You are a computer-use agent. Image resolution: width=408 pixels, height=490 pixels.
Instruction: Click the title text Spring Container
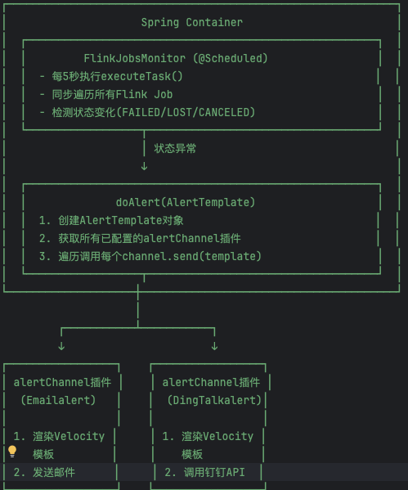(x=192, y=23)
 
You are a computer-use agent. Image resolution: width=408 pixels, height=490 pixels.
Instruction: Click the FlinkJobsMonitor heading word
(x=135, y=58)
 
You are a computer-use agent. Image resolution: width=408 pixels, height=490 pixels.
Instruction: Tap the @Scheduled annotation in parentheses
(x=231, y=58)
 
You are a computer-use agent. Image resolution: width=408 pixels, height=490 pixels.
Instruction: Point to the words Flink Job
(x=145, y=94)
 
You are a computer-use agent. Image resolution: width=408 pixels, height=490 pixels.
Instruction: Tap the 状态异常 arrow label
(x=175, y=148)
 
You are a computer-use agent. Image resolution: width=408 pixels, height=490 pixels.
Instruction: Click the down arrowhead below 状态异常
(x=144, y=166)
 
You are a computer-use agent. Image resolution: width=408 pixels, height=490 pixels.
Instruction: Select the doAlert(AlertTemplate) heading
(x=186, y=203)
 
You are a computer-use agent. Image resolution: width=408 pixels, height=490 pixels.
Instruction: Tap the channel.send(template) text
(x=191, y=257)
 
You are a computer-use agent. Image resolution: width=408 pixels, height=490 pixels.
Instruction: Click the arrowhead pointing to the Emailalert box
(x=61, y=346)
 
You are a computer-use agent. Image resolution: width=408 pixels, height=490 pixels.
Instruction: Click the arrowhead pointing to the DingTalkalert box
(x=214, y=346)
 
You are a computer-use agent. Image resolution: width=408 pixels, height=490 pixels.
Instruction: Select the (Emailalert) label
(x=58, y=400)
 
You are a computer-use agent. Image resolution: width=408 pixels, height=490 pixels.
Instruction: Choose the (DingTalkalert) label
(x=214, y=400)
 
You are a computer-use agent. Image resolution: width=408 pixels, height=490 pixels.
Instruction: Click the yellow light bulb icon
(x=12, y=452)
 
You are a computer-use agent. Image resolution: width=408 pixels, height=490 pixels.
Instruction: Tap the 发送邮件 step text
(x=54, y=472)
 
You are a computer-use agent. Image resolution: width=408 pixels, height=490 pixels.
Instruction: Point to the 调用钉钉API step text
(x=214, y=472)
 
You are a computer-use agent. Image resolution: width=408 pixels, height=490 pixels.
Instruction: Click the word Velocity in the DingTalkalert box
(x=228, y=436)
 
